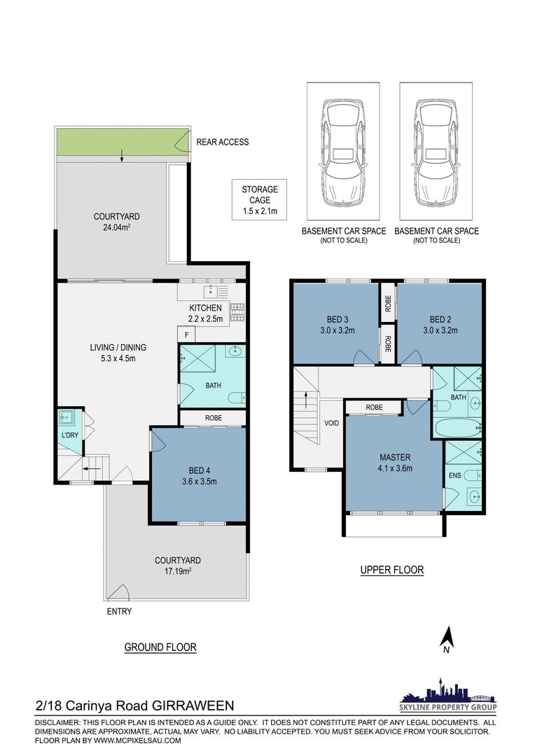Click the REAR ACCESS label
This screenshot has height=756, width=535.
(x=223, y=142)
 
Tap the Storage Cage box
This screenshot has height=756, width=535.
(x=260, y=200)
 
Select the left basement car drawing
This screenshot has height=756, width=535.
(x=343, y=153)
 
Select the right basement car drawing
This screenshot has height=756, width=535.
(x=436, y=153)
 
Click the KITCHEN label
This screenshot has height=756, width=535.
(x=205, y=308)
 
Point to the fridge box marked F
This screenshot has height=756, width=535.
(x=187, y=334)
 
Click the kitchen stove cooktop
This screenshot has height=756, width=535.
(x=237, y=311)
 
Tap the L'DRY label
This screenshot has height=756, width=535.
(x=70, y=435)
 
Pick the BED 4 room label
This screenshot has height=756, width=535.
(x=200, y=470)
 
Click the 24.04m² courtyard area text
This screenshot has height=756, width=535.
(x=117, y=227)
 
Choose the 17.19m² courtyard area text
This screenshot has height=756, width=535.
(x=178, y=571)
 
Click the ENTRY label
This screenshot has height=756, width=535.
(x=119, y=611)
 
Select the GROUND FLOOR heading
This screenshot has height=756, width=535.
(x=160, y=647)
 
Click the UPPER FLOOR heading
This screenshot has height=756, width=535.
(x=392, y=570)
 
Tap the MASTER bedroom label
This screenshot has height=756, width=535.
(x=395, y=458)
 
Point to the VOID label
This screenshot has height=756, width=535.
(x=331, y=423)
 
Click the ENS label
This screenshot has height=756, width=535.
(x=455, y=475)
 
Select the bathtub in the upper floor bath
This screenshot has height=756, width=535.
(x=457, y=427)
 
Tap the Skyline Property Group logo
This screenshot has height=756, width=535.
(x=449, y=694)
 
